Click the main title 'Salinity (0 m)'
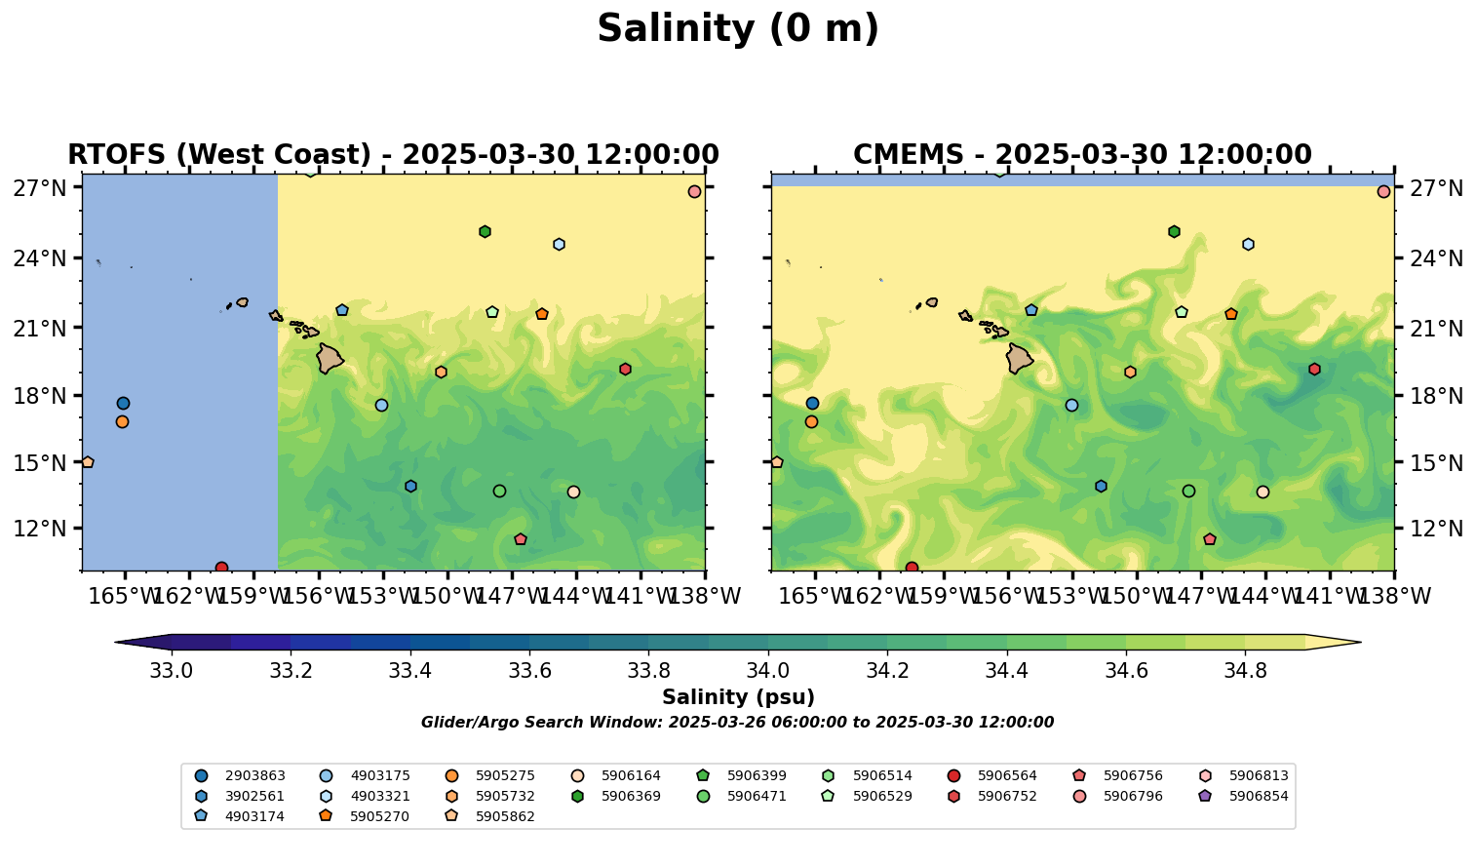point(738,29)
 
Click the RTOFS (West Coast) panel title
point(393,155)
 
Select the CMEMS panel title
point(1082,155)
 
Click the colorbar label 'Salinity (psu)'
point(738,697)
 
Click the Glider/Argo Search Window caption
point(737,723)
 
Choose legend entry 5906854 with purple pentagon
point(1259,796)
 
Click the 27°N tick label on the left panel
point(39,187)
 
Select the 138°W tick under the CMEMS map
point(1395,596)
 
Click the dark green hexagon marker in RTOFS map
point(485,231)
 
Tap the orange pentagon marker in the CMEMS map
point(1231,314)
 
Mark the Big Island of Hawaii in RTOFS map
point(330,359)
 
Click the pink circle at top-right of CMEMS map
point(1383,191)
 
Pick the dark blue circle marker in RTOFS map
point(123,403)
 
